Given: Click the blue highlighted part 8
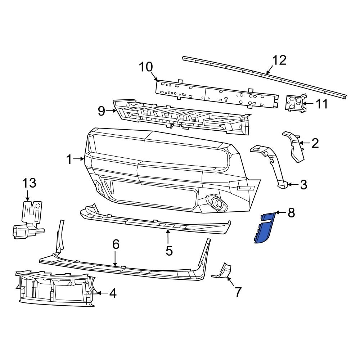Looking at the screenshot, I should pos(266,228).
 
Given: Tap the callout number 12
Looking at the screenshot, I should pos(279,60).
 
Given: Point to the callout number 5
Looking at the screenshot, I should pos(169,250).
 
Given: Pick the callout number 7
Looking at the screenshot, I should pos(238,292).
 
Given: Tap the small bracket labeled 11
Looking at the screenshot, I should pos(294,103).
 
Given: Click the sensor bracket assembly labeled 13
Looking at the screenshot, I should pos(29,220).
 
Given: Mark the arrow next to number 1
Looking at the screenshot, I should pos(80,158).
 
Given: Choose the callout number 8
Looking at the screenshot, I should pos(291,213).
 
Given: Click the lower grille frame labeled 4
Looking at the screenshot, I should pos(54,290).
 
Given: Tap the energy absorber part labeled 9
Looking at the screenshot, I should pos(180,117).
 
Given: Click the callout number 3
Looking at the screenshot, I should pos(303,185).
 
